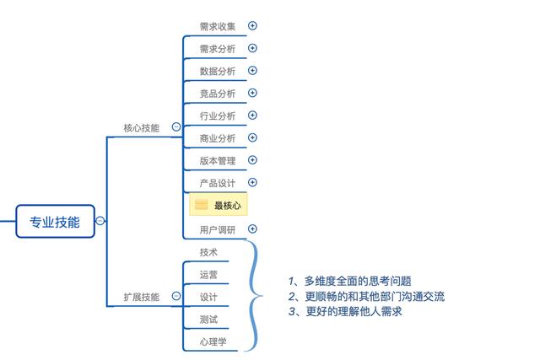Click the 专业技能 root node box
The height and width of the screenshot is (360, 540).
pos(55,222)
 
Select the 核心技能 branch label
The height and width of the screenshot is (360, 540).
pos(141,128)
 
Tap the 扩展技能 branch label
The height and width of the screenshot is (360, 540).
pos(141,297)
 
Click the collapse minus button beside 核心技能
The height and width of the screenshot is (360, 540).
pos(176,127)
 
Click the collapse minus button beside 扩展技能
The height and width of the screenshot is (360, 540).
pos(176,296)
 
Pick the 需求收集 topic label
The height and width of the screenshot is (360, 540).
pos(218,26)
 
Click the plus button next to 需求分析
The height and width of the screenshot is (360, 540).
pos(252,48)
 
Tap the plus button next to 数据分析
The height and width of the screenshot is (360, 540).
pos(252,70)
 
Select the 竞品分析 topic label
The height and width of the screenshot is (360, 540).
pos(218,94)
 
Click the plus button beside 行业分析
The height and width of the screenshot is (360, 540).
pos(252,115)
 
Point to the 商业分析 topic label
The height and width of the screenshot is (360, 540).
pos(218,138)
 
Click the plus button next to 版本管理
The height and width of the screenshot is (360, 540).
pos(252,159)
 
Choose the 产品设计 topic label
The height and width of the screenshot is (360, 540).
pos(218,183)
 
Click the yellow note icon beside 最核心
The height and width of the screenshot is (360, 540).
pos(202,205)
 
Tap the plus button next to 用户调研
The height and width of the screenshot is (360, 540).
pos(252,228)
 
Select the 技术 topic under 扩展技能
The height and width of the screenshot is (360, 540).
pos(208,252)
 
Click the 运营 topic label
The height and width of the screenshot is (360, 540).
pos(208,275)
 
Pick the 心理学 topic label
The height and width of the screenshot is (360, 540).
pos(213,342)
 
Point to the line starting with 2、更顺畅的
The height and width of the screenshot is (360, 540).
pos(365,296)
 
